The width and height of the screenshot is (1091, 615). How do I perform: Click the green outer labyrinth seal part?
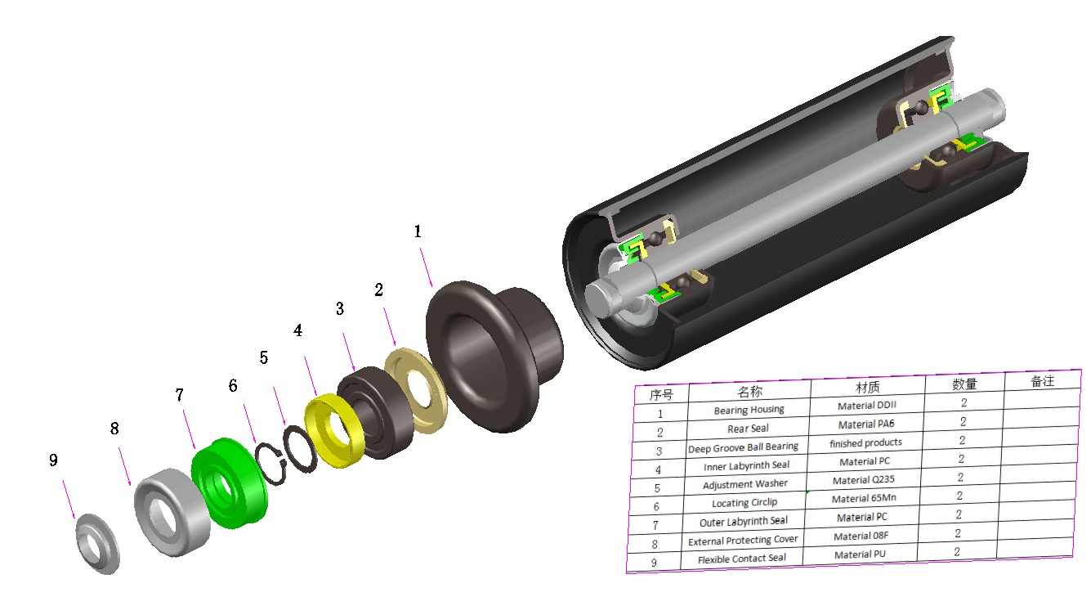233,483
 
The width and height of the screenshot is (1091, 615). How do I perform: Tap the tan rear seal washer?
418,390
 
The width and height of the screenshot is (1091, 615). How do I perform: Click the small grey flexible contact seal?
97,543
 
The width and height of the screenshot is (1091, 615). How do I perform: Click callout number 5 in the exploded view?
263,357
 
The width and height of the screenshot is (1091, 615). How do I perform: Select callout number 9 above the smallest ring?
53,460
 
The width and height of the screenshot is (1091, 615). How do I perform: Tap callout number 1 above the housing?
418,231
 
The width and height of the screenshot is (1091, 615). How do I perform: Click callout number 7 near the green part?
179,396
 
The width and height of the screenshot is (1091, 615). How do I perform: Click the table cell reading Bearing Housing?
749,410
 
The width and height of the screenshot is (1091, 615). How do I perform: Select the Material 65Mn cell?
863,499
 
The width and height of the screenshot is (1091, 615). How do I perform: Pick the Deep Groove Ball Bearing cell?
743,447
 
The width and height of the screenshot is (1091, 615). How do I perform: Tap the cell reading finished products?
865,442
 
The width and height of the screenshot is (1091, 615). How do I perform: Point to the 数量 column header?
964,384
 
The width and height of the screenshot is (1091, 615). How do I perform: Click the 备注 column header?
1042,381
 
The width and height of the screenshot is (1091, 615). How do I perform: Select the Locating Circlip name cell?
744,503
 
